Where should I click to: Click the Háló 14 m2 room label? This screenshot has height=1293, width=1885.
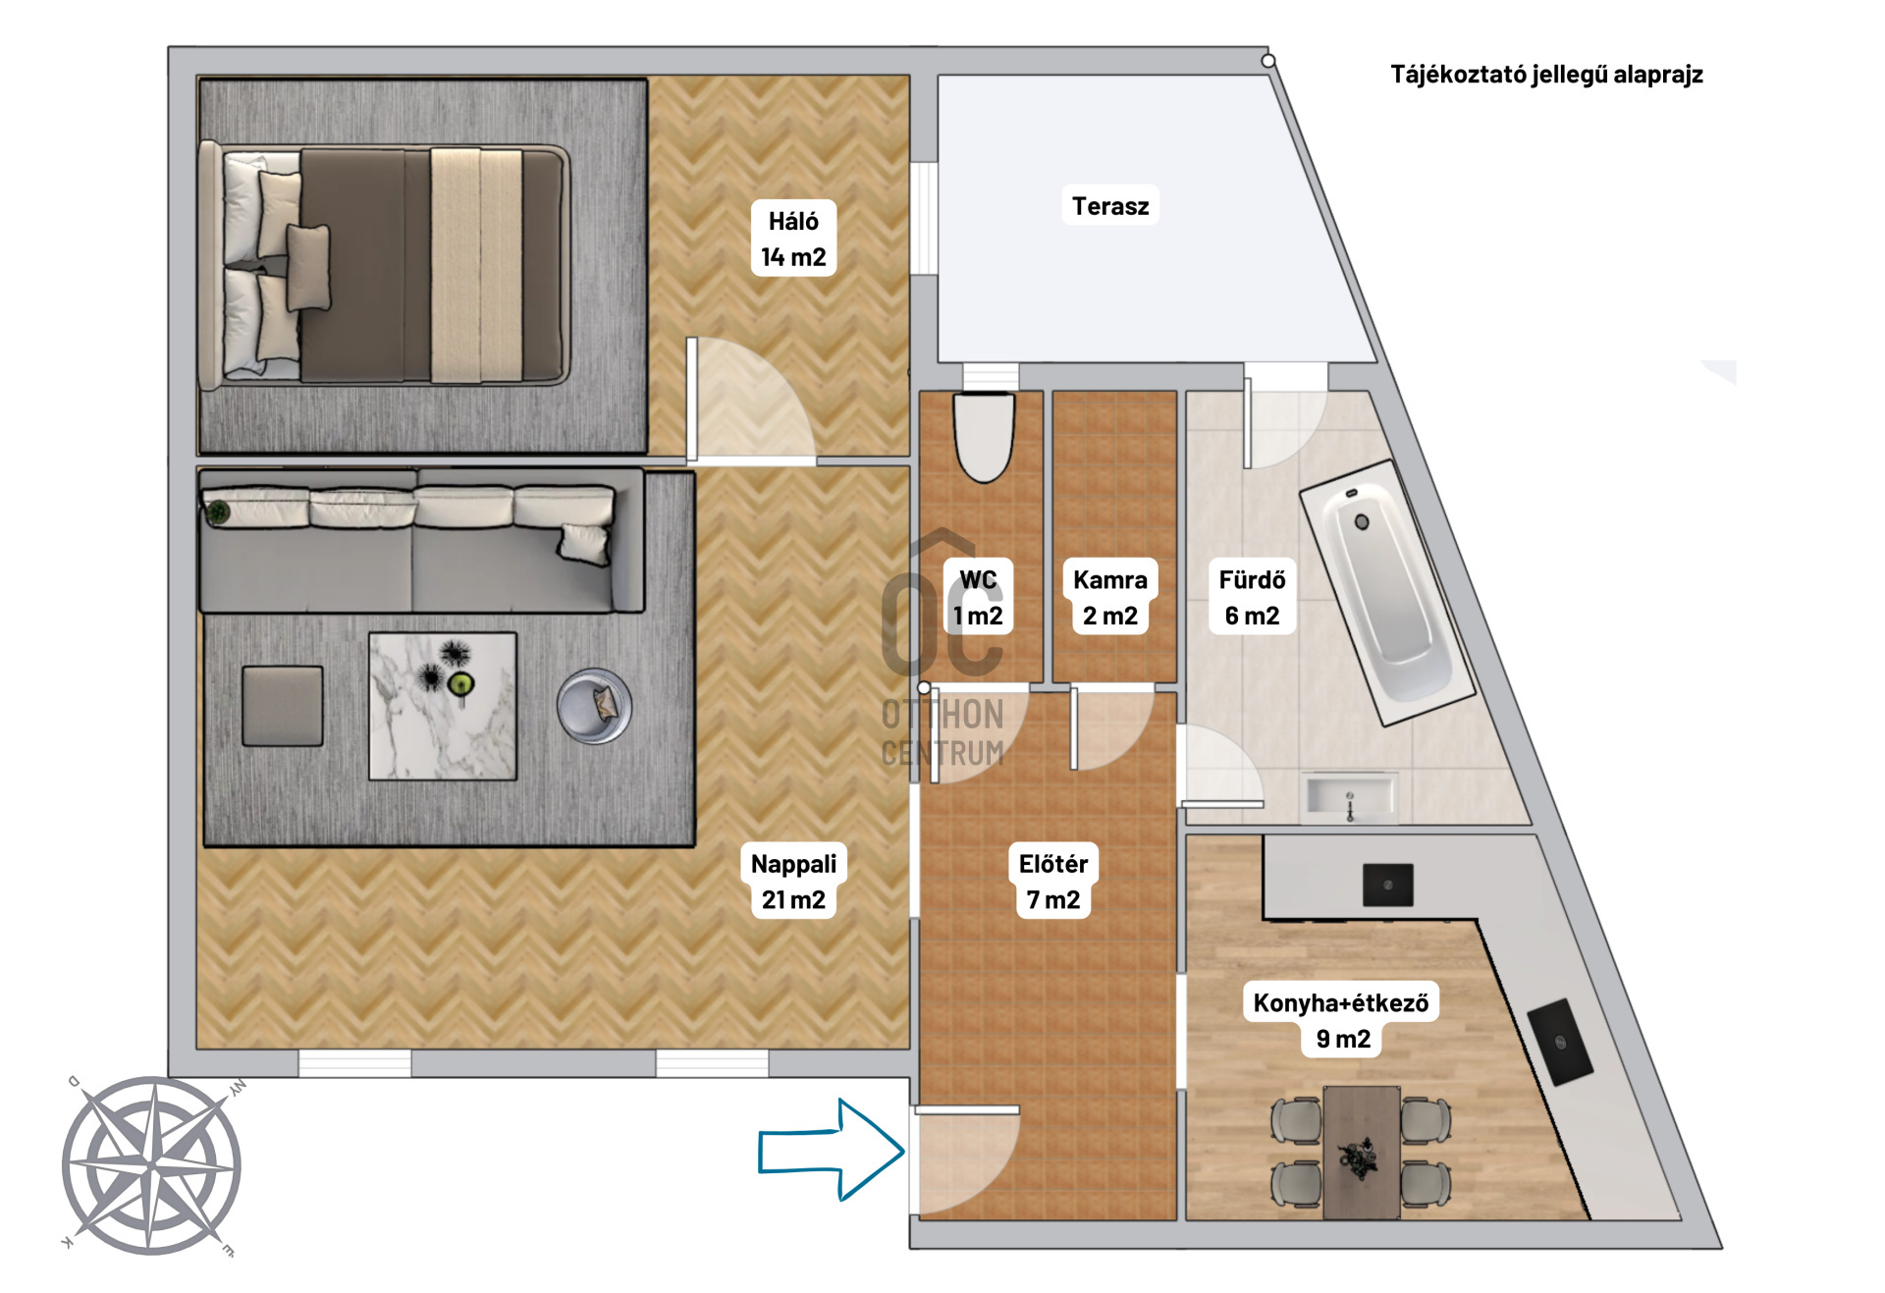point(793,239)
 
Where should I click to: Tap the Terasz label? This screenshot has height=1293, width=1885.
point(1109,206)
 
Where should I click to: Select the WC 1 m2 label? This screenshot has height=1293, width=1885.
point(978,597)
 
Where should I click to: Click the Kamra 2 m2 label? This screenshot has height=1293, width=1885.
point(1109,597)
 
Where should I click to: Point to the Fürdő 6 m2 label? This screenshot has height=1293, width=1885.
point(1252,597)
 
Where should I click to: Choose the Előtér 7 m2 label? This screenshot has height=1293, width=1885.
point(1052,881)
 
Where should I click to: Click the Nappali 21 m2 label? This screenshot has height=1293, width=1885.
point(793,881)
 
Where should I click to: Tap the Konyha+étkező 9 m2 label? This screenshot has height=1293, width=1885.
point(1341,1020)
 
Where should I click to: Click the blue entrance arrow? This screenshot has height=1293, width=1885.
point(831,1150)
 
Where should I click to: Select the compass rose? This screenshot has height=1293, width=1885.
point(152,1165)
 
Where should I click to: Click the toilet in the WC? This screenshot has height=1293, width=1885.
point(984,438)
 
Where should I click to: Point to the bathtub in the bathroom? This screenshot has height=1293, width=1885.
point(1386,593)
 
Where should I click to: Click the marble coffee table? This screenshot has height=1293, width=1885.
point(443,706)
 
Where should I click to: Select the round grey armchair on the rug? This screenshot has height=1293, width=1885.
point(594,705)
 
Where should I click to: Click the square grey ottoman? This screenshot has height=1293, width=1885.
point(283,706)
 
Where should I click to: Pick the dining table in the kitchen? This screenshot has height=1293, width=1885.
point(1361,1152)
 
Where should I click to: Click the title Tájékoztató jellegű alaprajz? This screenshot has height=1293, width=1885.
point(1546,75)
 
